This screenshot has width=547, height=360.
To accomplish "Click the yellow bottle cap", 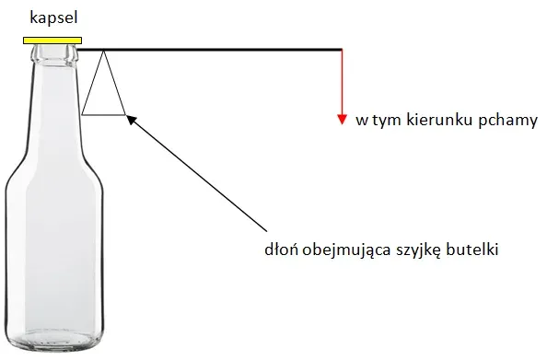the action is [52, 40].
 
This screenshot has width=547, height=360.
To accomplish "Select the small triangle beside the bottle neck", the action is [103, 92].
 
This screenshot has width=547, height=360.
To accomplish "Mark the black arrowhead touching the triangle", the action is [130, 117].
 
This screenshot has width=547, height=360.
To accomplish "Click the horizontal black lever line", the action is [221, 49].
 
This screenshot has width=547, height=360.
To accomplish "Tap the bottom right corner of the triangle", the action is [125, 114].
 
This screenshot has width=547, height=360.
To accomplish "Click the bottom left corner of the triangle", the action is [82, 114].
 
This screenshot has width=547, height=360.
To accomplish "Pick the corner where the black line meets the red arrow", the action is [342, 50].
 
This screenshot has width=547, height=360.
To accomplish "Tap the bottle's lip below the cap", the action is [52, 51].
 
